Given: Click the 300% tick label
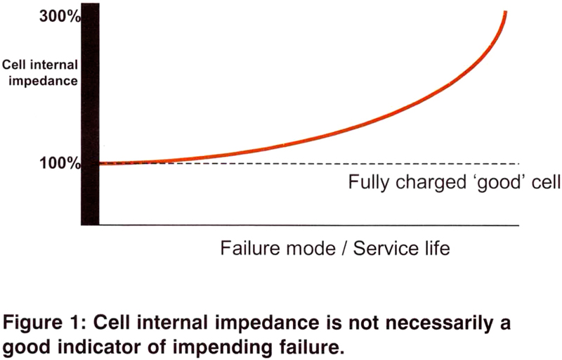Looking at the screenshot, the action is (60, 16).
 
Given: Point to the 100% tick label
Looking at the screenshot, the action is (60, 164).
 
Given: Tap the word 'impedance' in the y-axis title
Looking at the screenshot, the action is (43, 81).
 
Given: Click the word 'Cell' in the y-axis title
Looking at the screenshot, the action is (14, 65).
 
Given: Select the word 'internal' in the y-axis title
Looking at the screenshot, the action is (54, 65).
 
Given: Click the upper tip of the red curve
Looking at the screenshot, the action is (505, 12).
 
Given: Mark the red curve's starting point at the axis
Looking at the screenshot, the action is (100, 164).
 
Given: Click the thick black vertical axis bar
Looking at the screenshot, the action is (90, 114).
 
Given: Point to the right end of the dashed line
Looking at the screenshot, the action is (518, 164).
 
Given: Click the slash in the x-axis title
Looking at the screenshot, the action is (344, 248).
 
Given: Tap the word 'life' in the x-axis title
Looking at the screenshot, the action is (437, 248).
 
